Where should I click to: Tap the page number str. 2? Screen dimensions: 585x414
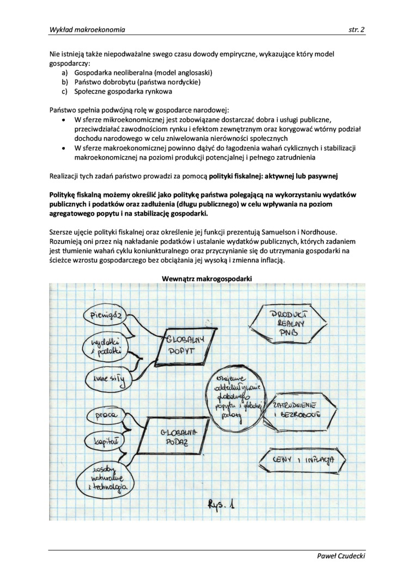(356, 30)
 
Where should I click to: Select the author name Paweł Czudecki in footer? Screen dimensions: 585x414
(341, 556)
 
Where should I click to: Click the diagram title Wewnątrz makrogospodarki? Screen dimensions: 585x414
(206, 279)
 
